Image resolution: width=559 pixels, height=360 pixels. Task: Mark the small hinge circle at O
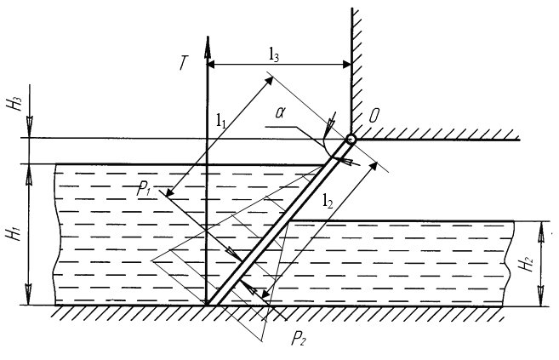click(x=350, y=140)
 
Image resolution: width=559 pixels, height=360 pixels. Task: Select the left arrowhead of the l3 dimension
click(x=212, y=66)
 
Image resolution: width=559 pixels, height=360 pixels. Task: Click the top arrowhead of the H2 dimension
click(x=540, y=226)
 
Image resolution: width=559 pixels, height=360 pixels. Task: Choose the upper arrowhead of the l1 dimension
click(x=270, y=80)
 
